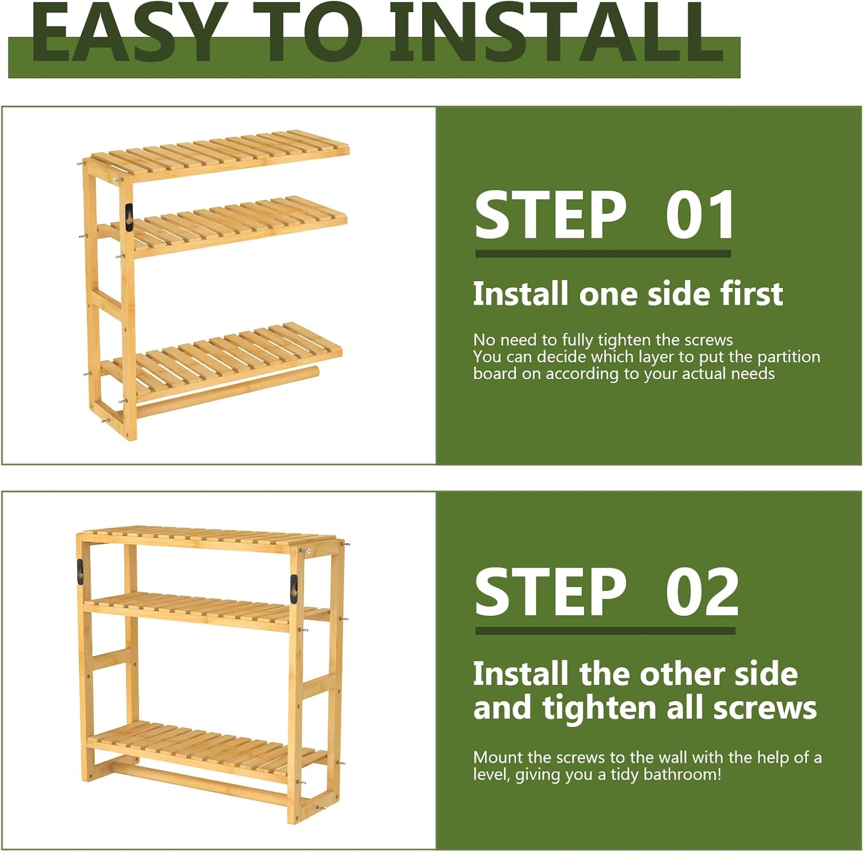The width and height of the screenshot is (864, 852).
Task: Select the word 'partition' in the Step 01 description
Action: click(789, 357)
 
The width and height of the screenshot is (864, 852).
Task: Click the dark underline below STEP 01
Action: click(602, 253)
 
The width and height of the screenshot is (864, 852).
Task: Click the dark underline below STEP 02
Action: click(605, 631)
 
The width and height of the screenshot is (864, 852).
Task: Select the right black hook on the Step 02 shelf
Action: click(294, 589)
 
